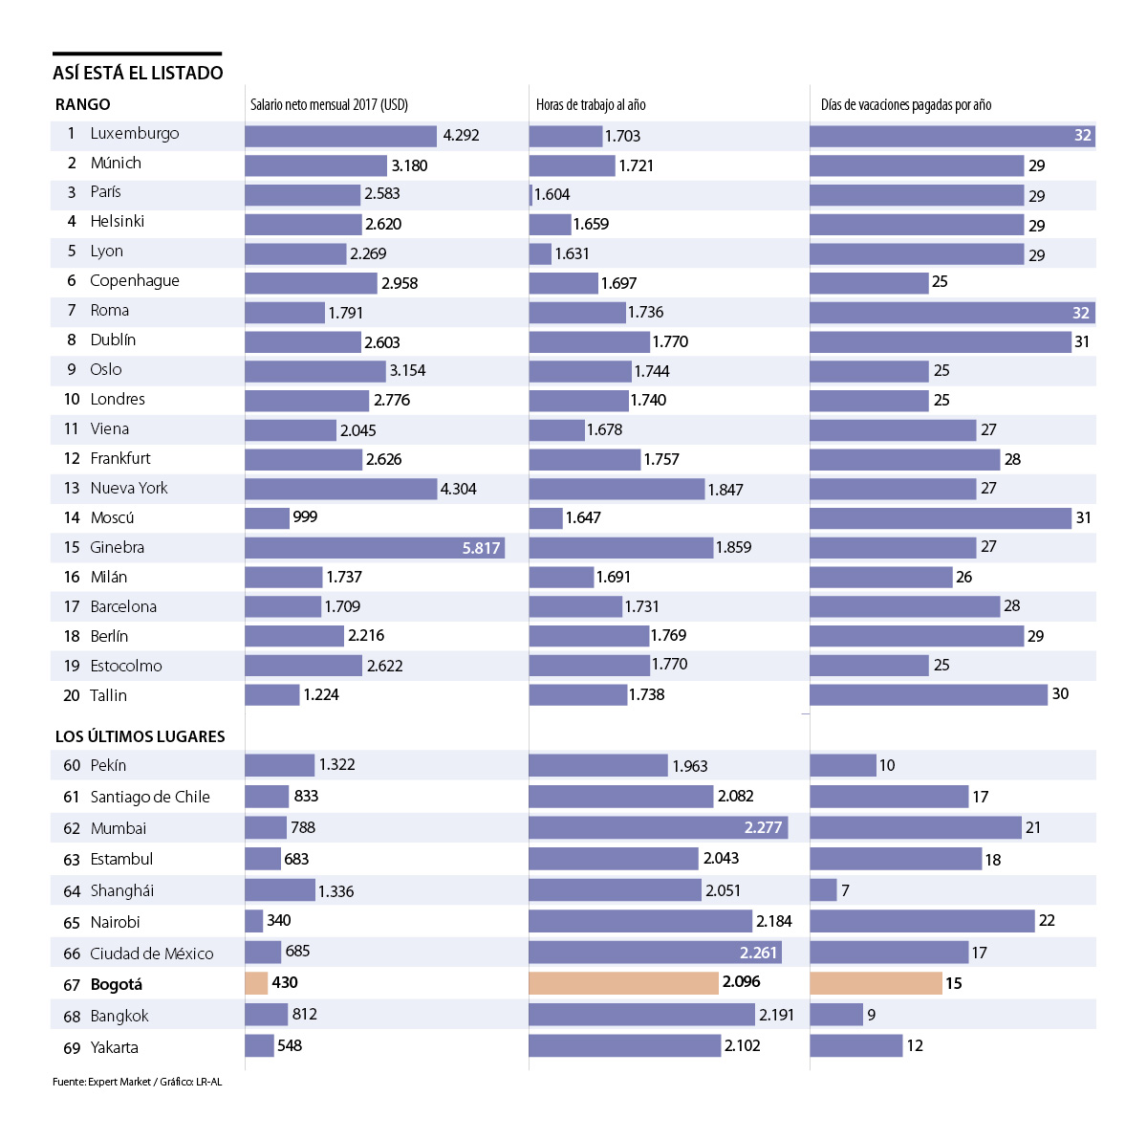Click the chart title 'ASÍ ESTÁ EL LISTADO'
tap(138, 73)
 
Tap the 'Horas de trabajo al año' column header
tap(590, 104)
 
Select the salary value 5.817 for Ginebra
tap(481, 548)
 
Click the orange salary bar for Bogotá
tap(256, 983)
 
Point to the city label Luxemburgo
tap(135, 134)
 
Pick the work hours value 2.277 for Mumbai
tap(763, 827)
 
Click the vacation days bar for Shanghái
tap(823, 890)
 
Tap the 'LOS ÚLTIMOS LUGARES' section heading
tap(141, 736)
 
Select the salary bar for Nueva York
tap(340, 489)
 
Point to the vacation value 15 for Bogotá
tap(953, 983)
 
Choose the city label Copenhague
tap(135, 281)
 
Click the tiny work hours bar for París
tap(530, 195)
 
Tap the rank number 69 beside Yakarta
tap(72, 1048)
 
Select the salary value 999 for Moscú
tap(305, 517)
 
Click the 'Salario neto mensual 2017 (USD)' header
tap(329, 104)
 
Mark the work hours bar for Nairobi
tap(640, 921)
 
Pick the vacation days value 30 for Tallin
tap(1060, 694)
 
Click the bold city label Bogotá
tap(117, 985)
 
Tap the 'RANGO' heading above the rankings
tap(82, 104)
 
